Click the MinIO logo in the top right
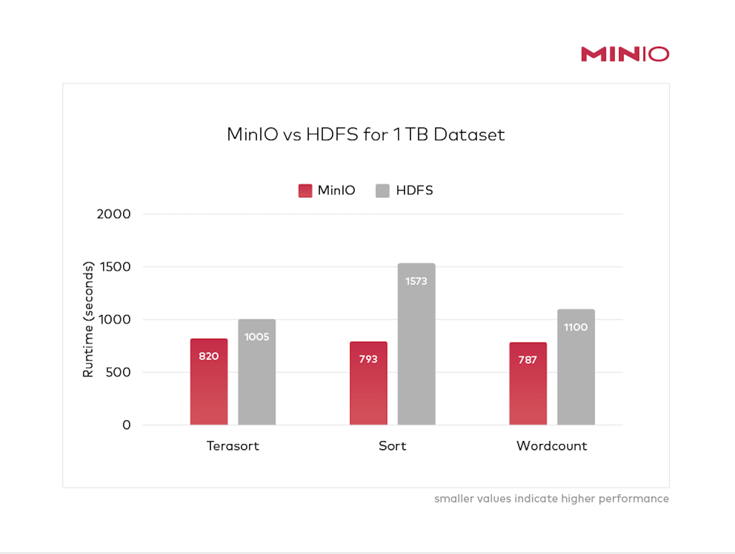tap(625, 54)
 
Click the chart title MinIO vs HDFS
tap(366, 135)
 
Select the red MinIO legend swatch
tap(305, 191)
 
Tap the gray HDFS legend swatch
tap(383, 191)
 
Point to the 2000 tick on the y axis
tap(114, 214)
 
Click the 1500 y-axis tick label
tap(115, 267)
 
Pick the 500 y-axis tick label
tap(118, 372)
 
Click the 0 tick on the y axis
tap(127, 425)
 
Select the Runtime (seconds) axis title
tap(88, 319)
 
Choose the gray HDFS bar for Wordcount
tap(576, 377)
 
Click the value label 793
tap(368, 359)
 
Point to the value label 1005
tap(257, 337)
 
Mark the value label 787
tap(528, 360)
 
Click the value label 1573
tap(416, 281)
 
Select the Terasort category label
tap(233, 446)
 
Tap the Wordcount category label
tap(552, 446)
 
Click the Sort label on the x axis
tap(392, 446)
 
